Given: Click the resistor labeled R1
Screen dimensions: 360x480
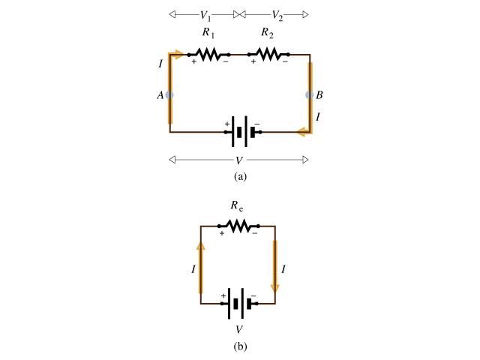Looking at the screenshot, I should (208, 54).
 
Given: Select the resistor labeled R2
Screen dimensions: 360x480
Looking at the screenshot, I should (268, 54).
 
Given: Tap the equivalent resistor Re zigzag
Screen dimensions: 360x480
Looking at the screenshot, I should (238, 225).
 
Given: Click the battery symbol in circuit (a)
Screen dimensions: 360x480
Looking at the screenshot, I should (240, 132).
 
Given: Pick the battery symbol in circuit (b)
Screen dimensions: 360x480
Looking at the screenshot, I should (238, 304).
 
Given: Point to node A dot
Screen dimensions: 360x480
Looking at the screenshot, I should (169, 95).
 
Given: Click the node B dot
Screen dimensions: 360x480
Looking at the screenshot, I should (309, 95).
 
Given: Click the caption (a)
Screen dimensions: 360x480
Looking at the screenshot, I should (239, 177).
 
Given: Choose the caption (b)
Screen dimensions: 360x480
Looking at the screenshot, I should (239, 346).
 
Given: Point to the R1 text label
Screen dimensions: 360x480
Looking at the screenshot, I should (208, 34).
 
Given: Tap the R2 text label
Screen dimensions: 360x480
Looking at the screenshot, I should (268, 34).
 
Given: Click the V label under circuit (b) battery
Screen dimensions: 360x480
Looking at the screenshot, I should (239, 328).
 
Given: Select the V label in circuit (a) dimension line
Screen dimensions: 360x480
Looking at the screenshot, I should (239, 160).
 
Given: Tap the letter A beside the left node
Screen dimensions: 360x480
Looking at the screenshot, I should (160, 95).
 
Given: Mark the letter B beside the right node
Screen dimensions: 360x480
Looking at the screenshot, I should (319, 95).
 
